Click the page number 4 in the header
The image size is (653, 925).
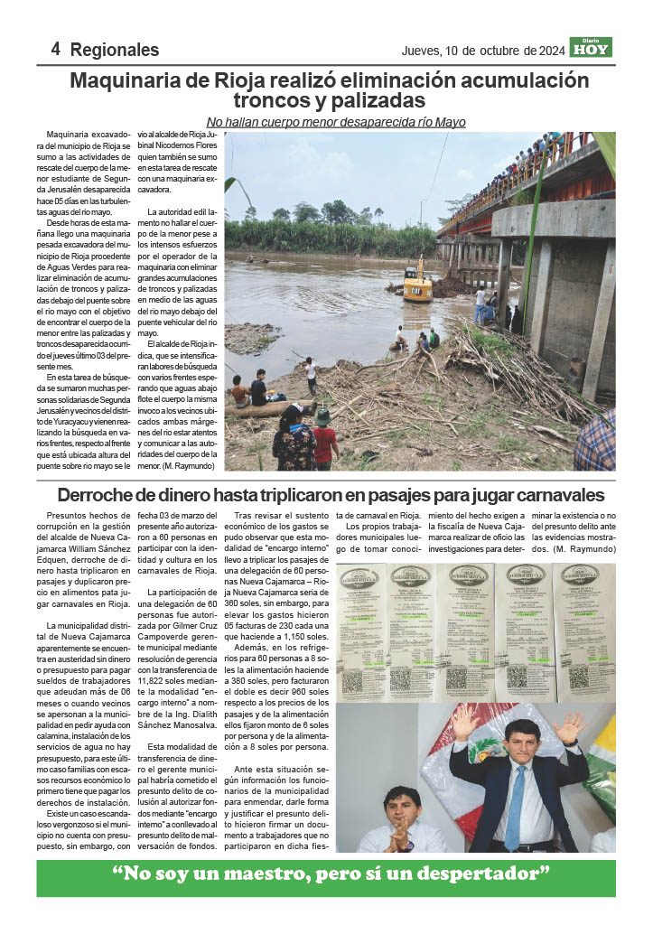click(x=56, y=49)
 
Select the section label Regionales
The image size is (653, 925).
click(x=114, y=50)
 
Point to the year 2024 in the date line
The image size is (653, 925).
click(x=548, y=49)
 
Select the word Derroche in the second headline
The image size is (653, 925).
click(x=105, y=495)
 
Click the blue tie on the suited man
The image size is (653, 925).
click(x=515, y=805)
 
